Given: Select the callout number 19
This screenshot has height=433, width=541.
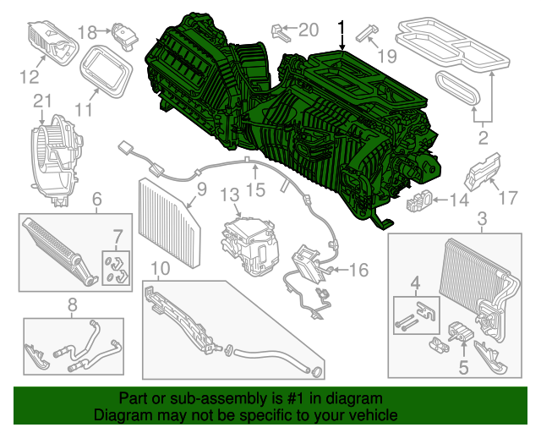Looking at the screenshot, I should point(386,56).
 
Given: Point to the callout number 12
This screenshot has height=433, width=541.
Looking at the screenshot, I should point(30,78).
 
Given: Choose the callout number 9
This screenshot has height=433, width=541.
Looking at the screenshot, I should point(201,190).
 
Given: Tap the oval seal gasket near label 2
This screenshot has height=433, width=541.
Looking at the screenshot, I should point(457,86).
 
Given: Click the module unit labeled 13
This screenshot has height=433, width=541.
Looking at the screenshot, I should point(249,245).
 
